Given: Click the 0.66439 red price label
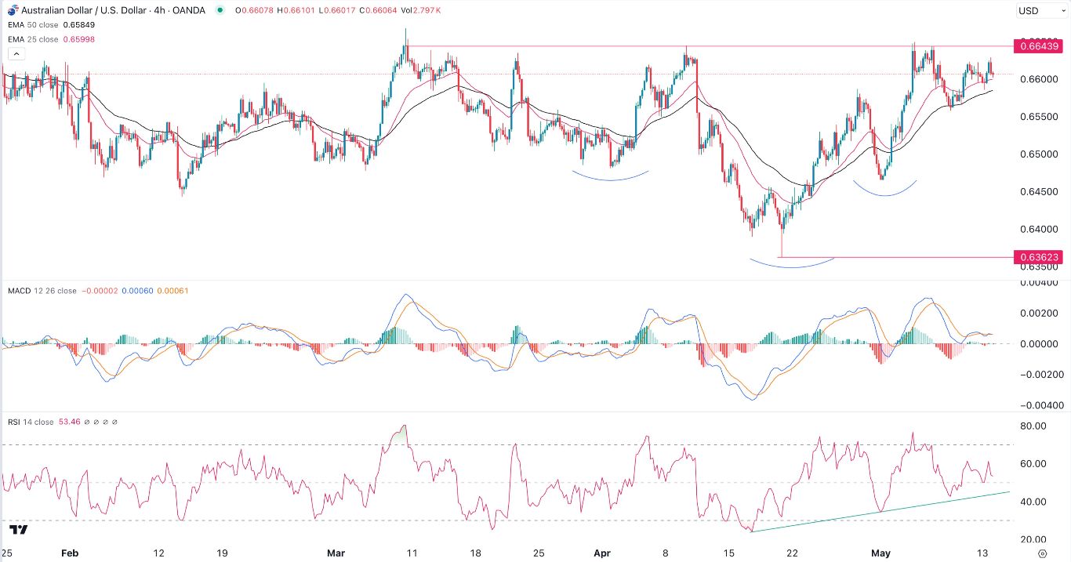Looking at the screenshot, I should (1039, 46).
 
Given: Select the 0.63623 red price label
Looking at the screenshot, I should (1039, 257).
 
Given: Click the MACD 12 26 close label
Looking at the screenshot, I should (42, 291).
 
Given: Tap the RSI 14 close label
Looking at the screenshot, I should (32, 422).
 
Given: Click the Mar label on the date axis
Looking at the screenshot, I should (336, 553).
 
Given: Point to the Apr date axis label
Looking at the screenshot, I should (602, 553).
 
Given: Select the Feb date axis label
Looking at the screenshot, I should (71, 553).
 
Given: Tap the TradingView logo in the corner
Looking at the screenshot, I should (20, 529).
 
